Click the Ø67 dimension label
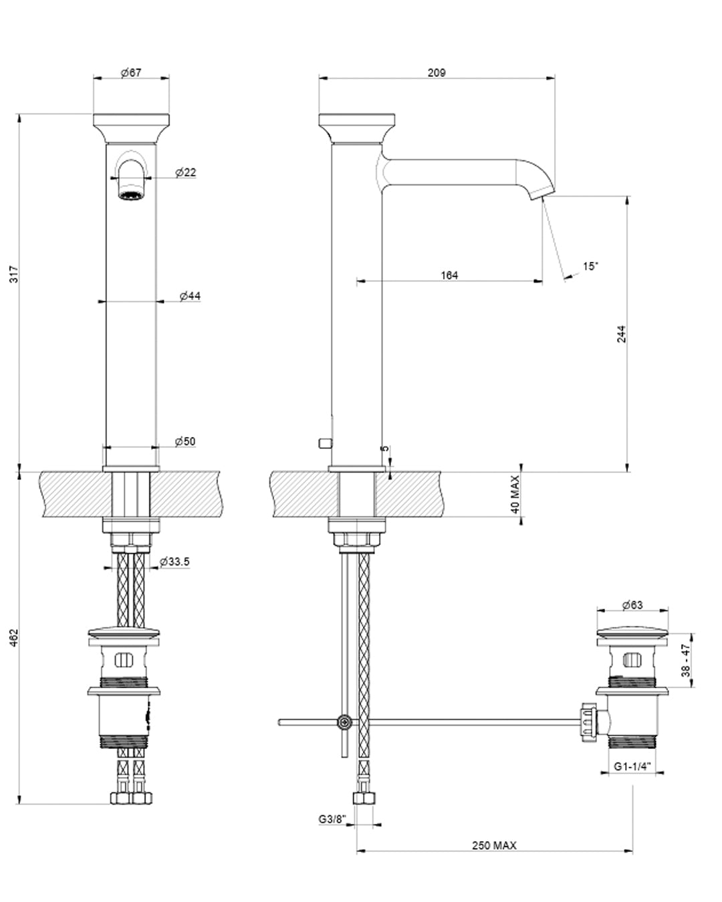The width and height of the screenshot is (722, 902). click(x=131, y=73)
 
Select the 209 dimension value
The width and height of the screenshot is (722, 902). click(x=437, y=73)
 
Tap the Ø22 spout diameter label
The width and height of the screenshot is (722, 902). click(x=185, y=172)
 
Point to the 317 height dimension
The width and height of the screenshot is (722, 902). click(x=14, y=274)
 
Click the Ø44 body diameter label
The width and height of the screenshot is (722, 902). click(x=190, y=296)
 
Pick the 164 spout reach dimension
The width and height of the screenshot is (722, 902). click(x=449, y=275)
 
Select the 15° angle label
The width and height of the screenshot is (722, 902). click(x=590, y=266)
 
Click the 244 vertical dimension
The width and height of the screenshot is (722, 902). click(x=621, y=333)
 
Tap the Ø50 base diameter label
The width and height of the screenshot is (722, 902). click(x=185, y=442)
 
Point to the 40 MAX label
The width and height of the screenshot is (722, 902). click(x=515, y=494)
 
